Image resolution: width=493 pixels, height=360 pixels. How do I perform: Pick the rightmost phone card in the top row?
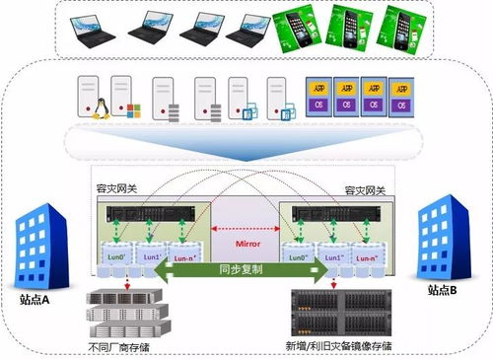(402, 26)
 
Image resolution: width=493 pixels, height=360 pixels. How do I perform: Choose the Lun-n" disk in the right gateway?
(364, 258)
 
